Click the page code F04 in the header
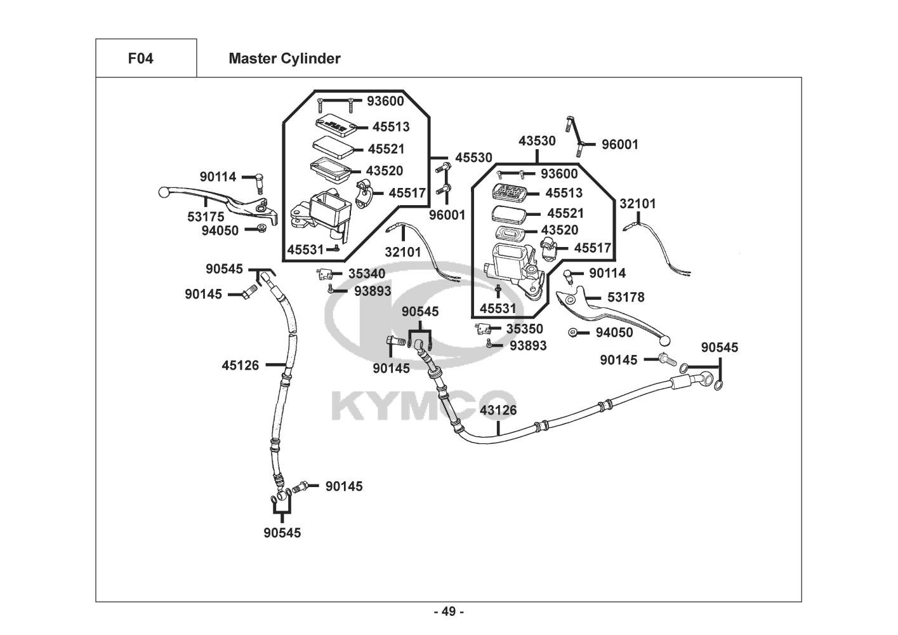point(140,58)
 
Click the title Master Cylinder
point(284,58)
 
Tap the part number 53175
point(206,217)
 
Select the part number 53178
point(626,297)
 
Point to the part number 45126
point(241,365)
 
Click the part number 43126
point(498,410)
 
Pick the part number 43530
point(537,141)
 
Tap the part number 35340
point(367,274)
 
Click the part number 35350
point(525,329)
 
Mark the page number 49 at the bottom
point(449,612)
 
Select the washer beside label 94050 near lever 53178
point(572,333)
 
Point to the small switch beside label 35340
point(324,274)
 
